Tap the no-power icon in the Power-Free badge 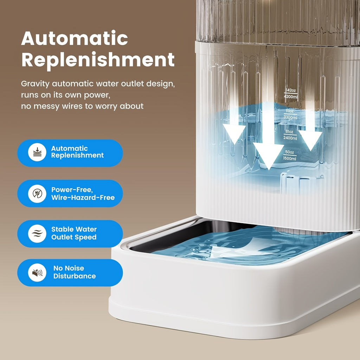(37, 193)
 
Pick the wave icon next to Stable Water (37, 233)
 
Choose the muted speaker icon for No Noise (37, 272)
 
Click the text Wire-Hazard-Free (83, 198)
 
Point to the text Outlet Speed (74, 237)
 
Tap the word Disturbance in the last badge (75, 276)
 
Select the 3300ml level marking (290, 117)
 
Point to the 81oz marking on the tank (290, 132)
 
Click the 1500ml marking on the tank (290, 159)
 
